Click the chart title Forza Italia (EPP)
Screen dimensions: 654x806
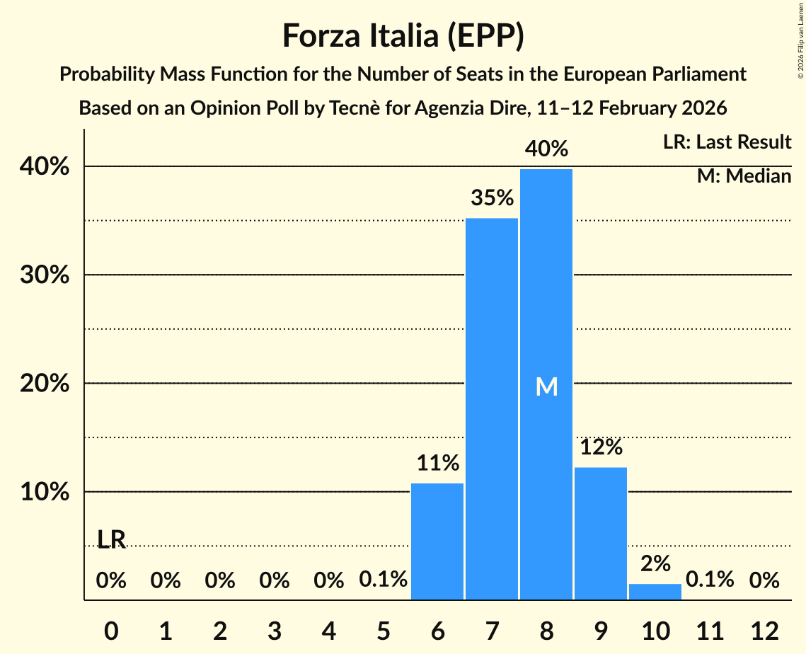click(403, 36)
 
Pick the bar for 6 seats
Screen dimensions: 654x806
click(437, 541)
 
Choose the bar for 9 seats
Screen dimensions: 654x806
click(601, 534)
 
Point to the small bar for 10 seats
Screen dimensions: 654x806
click(655, 592)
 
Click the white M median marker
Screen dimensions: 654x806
click(546, 386)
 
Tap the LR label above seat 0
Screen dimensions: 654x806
click(111, 540)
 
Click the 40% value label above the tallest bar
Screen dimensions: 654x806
click(546, 149)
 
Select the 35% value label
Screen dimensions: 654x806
click(492, 198)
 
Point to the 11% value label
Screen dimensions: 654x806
click(437, 464)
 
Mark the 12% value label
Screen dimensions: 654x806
click(601, 447)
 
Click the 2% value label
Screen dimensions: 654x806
click(655, 564)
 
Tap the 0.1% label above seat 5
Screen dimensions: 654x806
click(383, 580)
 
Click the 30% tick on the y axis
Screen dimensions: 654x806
click(49, 275)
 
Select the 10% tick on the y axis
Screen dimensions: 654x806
click(49, 492)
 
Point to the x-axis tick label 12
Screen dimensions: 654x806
click(764, 630)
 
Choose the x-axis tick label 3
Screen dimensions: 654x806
click(275, 630)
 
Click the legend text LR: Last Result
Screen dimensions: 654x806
click(727, 142)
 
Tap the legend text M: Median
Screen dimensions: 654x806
click(744, 176)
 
